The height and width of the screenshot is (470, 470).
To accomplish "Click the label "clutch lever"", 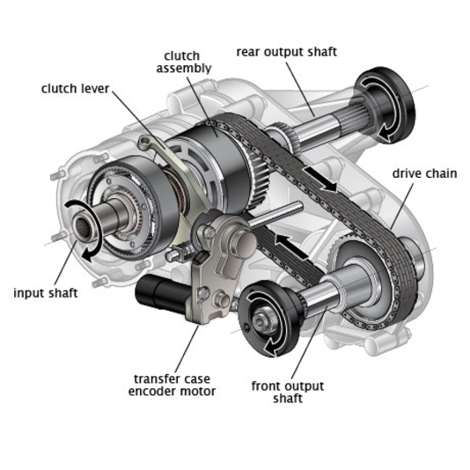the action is click(x=75, y=89).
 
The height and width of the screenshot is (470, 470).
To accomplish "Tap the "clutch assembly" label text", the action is click(x=184, y=62).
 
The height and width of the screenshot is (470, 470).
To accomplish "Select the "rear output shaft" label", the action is click(x=287, y=52).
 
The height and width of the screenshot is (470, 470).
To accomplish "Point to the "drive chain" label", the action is click(x=424, y=173).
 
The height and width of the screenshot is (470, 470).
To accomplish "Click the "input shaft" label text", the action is click(x=46, y=293).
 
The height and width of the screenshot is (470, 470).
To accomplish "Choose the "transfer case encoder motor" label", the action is click(x=172, y=386).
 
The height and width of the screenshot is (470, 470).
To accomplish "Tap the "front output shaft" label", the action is click(x=288, y=392).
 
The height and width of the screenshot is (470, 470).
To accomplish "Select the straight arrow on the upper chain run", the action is click(x=320, y=179).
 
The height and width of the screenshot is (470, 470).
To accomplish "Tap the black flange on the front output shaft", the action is click(x=270, y=319).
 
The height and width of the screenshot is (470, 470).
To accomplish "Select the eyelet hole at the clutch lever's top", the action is click(x=144, y=140).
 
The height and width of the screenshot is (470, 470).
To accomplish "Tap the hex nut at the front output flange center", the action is click(x=260, y=321).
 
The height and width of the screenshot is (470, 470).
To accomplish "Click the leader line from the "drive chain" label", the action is click(x=402, y=205).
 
